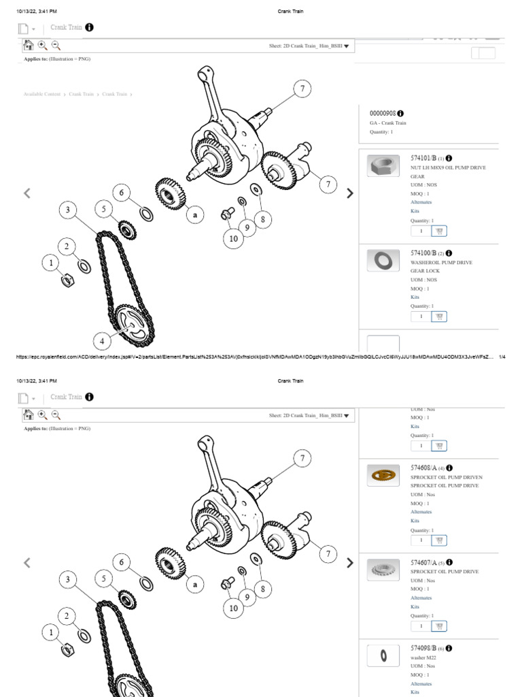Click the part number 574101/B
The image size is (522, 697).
click(423, 158)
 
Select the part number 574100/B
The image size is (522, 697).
click(423, 253)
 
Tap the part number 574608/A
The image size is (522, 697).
click(423, 468)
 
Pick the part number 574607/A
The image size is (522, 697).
click(423, 563)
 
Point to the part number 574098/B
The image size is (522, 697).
click(423, 649)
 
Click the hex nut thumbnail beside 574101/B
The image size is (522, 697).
click(383, 166)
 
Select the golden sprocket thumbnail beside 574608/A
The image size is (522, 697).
click(383, 475)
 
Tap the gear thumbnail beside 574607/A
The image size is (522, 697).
click(383, 569)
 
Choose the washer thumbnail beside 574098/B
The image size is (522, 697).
click(383, 655)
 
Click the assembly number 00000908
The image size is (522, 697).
click(382, 113)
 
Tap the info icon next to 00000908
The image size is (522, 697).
click(400, 113)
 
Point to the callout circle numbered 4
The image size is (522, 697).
click(103, 341)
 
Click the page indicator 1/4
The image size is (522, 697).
click(502, 357)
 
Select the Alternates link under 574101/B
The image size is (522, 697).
click(421, 202)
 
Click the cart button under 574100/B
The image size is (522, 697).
click(439, 317)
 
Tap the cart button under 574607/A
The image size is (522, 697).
click(439, 626)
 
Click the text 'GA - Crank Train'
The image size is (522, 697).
click(388, 123)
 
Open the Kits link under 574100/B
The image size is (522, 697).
click(415, 297)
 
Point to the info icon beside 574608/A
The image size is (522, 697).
click(449, 468)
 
